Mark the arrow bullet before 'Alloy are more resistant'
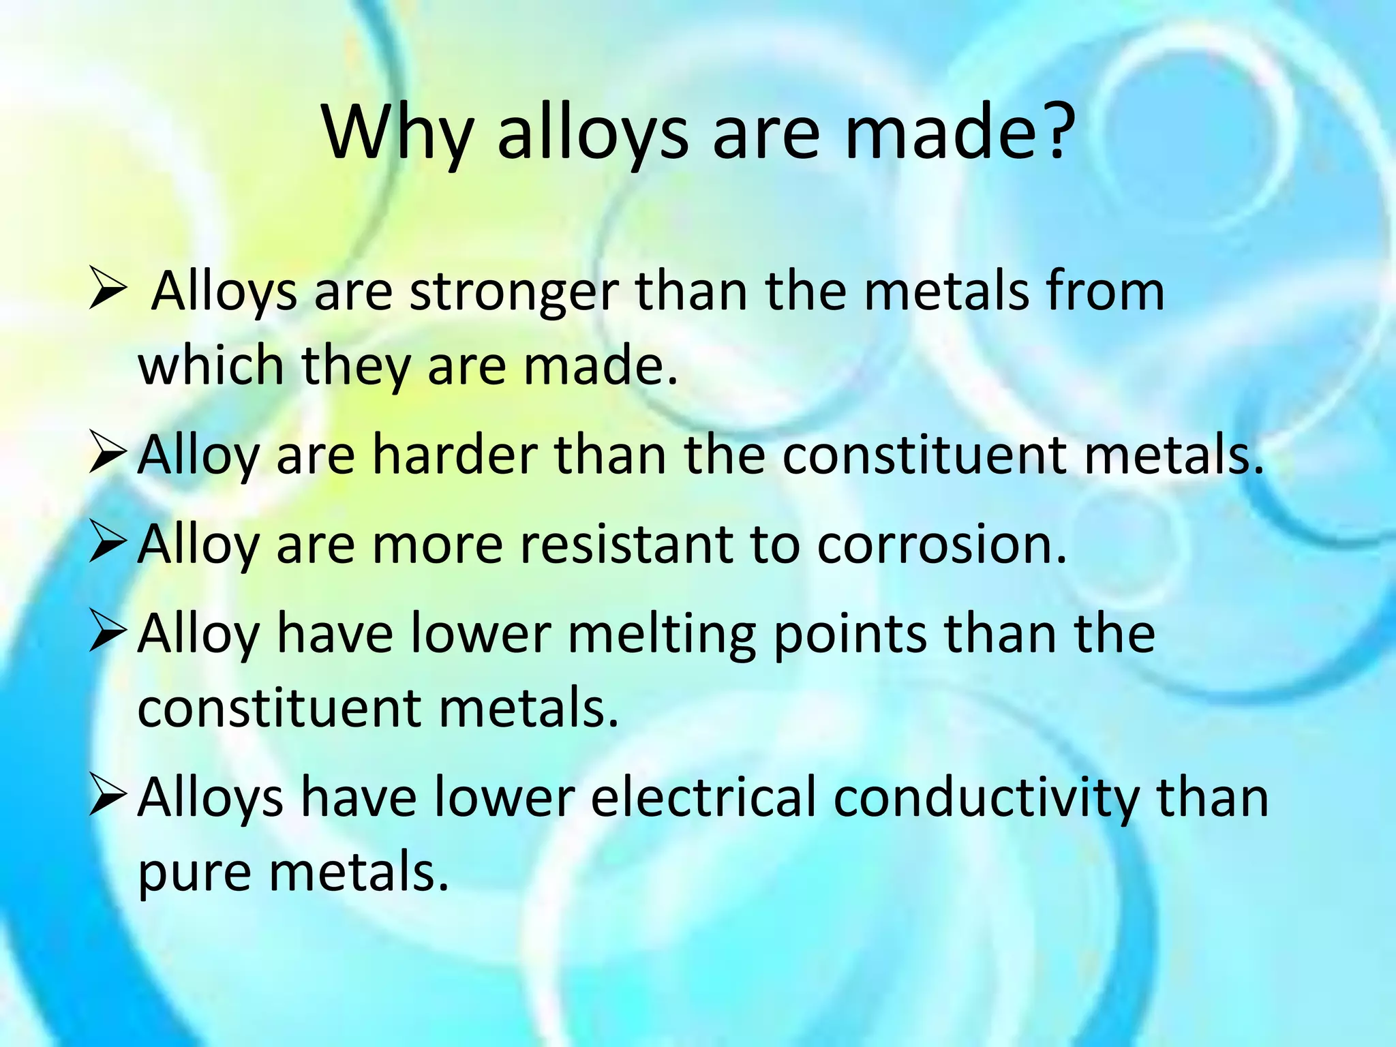[108, 545]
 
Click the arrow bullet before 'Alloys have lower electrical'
[108, 796]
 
